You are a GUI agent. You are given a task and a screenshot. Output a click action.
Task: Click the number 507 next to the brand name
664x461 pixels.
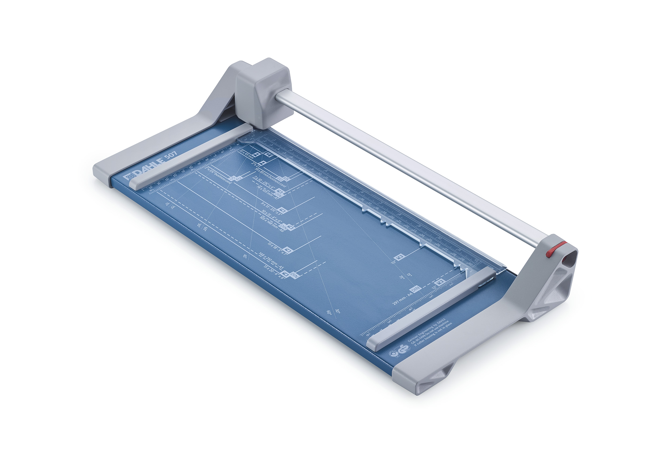point(171,156)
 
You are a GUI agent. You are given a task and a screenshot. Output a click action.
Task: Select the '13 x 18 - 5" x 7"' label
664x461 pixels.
point(277,248)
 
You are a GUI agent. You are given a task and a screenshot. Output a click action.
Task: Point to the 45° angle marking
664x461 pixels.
point(245,256)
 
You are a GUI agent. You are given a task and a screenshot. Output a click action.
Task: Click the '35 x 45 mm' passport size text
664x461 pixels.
point(247,154)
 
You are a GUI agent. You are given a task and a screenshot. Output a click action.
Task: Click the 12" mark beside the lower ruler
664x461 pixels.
point(434,287)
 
